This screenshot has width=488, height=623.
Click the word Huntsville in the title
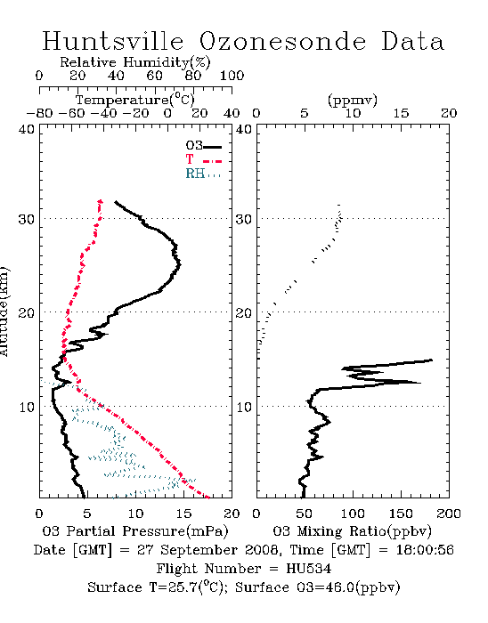tap(113, 41)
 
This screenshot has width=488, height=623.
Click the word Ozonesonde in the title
tap(282, 41)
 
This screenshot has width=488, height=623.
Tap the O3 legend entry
tap(203, 145)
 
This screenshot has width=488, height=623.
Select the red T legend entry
tap(203, 159)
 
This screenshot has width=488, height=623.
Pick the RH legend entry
tap(203, 174)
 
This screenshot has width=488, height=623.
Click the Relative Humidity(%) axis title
tap(135, 62)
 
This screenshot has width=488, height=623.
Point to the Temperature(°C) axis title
tap(135, 100)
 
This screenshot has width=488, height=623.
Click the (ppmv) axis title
tap(353, 100)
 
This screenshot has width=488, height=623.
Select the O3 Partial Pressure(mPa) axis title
tap(135, 531)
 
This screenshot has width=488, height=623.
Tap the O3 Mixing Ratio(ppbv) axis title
tap(352, 531)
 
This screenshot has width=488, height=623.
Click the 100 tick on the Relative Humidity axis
tap(232, 76)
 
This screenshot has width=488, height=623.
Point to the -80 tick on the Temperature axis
tap(39, 113)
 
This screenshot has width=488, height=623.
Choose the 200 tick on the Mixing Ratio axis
tap(449, 514)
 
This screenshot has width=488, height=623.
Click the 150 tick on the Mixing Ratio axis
tap(401, 514)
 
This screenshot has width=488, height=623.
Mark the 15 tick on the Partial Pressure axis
tap(183, 514)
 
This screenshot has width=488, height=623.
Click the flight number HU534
tap(308, 569)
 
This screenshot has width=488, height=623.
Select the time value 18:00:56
tap(425, 550)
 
